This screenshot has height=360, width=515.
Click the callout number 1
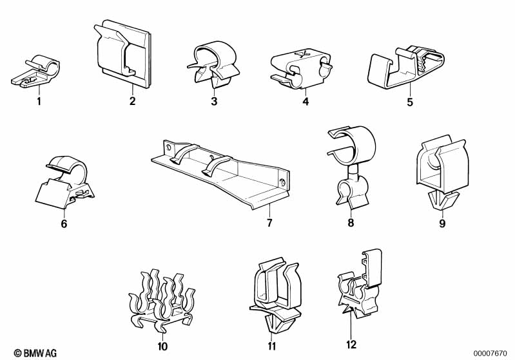[39, 101]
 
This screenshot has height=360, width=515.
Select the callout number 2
[132, 100]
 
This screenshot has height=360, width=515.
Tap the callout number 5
[409, 102]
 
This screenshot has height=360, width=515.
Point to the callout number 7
[269, 223]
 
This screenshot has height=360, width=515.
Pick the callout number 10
[162, 346]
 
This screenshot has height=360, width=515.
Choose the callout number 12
[351, 345]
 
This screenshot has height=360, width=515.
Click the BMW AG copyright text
[35, 353]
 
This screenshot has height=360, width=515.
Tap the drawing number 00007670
[491, 354]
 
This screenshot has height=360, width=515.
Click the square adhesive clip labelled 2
[123, 53]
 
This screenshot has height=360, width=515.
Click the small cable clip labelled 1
[36, 72]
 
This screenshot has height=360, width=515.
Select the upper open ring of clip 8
[352, 144]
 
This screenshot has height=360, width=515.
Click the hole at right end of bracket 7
[282, 181]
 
